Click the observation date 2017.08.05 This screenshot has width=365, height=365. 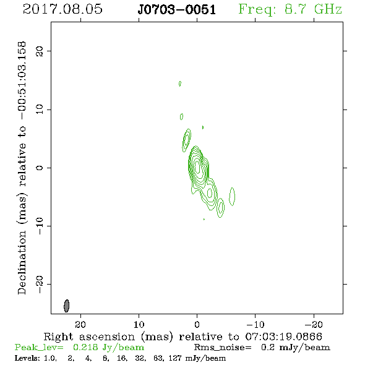click(x=62, y=9)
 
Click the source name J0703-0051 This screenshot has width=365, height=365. click(x=177, y=10)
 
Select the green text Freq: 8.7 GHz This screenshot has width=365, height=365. click(x=290, y=10)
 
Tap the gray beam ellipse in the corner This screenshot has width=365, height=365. click(x=67, y=306)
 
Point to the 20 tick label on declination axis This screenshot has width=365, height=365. click(x=40, y=51)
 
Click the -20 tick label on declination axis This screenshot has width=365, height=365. click(x=40, y=284)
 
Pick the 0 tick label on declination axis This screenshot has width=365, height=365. click(x=40, y=168)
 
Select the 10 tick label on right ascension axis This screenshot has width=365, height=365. click(x=139, y=325)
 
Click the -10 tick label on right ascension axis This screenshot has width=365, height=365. click(x=255, y=325)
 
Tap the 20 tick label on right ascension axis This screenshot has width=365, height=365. click(x=80, y=325)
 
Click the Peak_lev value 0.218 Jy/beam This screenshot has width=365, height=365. click(x=108, y=348)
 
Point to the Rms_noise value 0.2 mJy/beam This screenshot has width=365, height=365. click(x=295, y=348)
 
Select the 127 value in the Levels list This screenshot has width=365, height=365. click(x=176, y=358)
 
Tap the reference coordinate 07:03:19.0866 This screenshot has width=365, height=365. click(x=284, y=337)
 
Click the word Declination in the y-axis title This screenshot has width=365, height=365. click(x=22, y=263)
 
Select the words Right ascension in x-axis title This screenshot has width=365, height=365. click(x=89, y=337)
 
